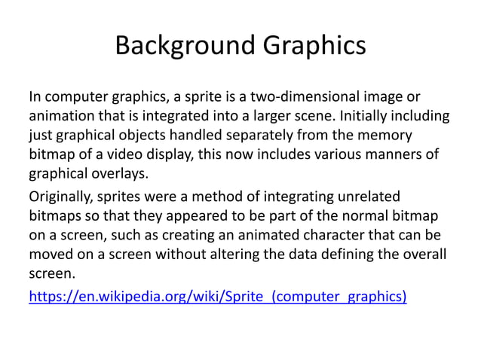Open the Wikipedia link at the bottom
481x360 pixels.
click(x=217, y=296)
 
